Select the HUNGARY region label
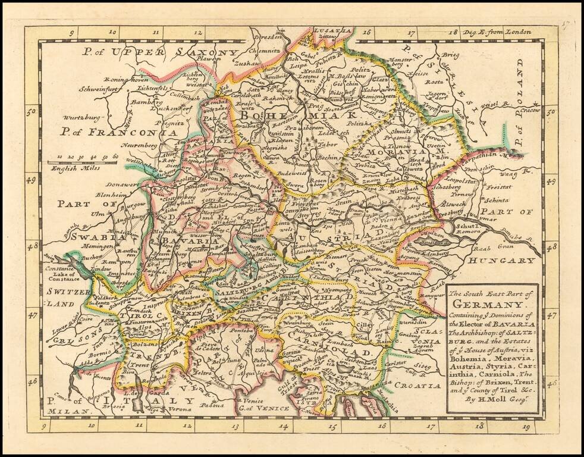[502, 261]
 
